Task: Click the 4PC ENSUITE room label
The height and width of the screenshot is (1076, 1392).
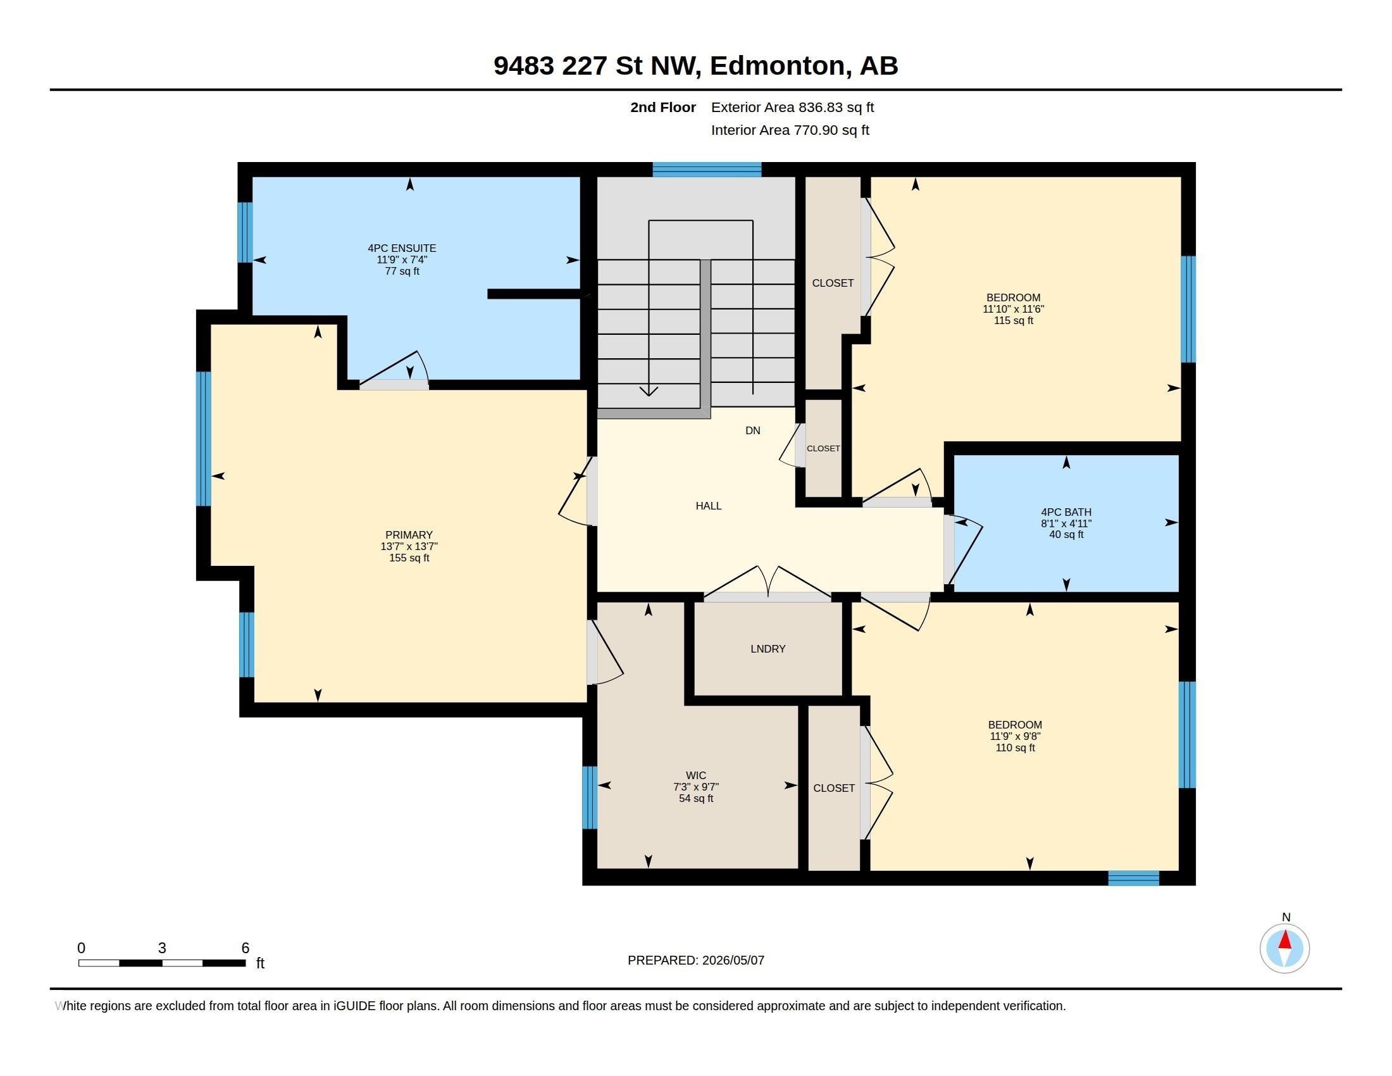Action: click(402, 248)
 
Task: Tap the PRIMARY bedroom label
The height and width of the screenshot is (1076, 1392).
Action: click(409, 535)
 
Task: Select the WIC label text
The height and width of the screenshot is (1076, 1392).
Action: click(695, 775)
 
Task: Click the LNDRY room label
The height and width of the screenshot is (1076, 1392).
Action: click(767, 648)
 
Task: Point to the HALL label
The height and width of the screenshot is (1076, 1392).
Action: click(708, 506)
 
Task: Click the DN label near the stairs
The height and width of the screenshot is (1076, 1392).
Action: click(753, 430)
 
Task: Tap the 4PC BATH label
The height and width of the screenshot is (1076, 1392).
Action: click(1066, 512)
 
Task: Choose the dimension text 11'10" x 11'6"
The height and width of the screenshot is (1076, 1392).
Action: click(1013, 309)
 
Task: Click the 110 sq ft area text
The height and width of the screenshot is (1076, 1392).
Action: click(1015, 748)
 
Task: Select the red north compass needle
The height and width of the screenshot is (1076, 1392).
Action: click(1285, 939)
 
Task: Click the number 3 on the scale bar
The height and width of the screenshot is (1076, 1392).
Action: click(162, 948)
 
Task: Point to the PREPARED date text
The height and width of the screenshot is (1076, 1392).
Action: click(695, 960)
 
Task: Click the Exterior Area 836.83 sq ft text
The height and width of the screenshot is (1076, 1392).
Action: click(792, 107)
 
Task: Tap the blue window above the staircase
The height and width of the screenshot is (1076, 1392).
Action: click(707, 170)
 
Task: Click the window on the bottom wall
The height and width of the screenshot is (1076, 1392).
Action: click(1133, 878)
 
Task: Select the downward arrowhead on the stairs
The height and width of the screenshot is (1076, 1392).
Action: click(649, 391)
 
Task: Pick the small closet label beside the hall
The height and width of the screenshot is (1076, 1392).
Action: click(823, 448)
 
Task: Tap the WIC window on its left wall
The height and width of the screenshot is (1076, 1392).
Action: click(590, 798)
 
